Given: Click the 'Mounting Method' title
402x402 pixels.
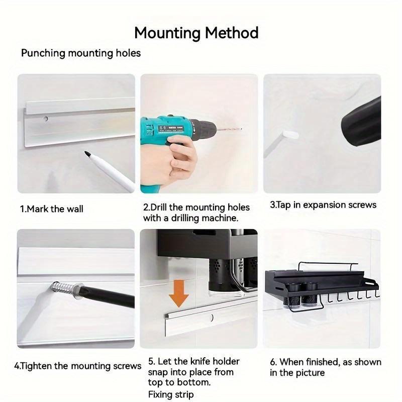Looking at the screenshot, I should click(196, 33).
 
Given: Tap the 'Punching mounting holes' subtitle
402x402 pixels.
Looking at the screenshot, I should click(81, 53).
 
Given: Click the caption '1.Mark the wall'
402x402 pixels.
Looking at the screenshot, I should click(52, 209).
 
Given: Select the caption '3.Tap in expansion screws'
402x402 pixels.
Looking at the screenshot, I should click(323, 205).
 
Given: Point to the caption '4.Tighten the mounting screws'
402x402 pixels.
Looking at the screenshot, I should click(77, 366).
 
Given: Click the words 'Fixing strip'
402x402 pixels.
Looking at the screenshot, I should click(171, 394).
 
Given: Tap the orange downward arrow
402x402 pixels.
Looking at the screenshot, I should click(179, 292).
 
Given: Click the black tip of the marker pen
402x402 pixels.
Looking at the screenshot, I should click(87, 153).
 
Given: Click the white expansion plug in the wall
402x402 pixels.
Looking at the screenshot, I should click(290, 134).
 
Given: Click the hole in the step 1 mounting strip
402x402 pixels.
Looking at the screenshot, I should click(46, 120).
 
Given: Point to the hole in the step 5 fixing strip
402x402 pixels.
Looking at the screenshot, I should click(212, 318).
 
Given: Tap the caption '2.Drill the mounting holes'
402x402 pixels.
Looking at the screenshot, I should click(196, 207).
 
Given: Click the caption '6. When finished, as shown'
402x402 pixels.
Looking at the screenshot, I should click(325, 362).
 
